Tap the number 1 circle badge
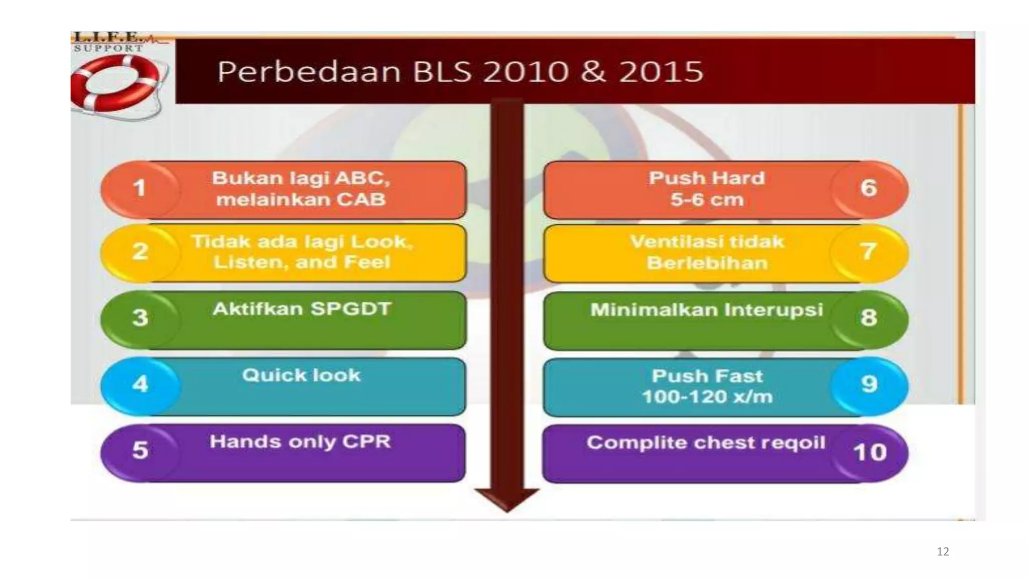click(x=140, y=188)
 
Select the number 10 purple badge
click(x=870, y=453)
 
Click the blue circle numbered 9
click(x=869, y=385)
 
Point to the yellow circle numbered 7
click(x=869, y=252)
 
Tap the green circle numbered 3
click(x=140, y=318)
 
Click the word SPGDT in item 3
click(x=350, y=309)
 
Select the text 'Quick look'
click(x=301, y=375)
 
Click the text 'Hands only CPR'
click(x=300, y=442)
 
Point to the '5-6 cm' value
click(x=707, y=200)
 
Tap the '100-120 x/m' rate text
click(x=707, y=397)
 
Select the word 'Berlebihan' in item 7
click(x=707, y=263)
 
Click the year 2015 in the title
click(x=661, y=72)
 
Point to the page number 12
click(x=943, y=552)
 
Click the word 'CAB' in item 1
click(x=361, y=200)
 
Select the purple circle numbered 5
click(x=140, y=450)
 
